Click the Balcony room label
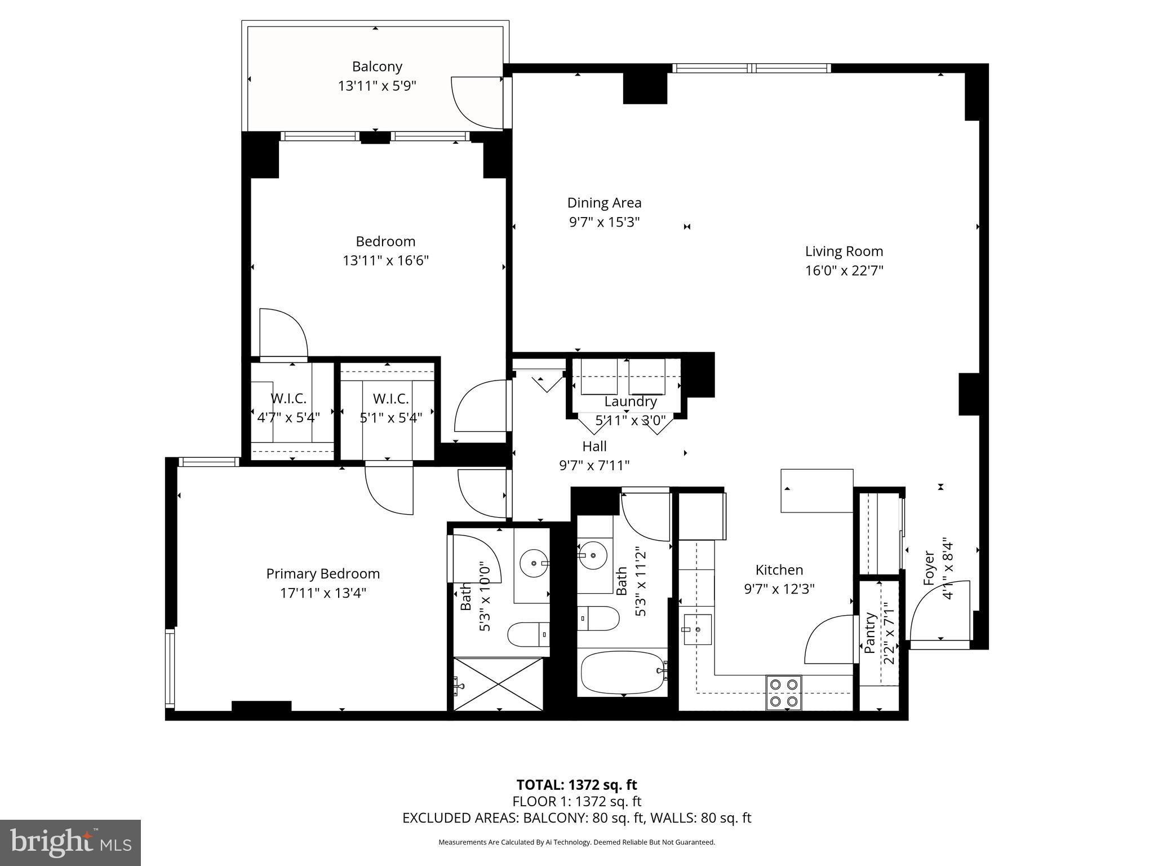click(377, 67)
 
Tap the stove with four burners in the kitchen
click(784, 693)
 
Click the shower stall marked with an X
click(499, 684)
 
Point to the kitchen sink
click(697, 629)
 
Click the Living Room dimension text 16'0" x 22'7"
click(844, 271)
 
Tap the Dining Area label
click(604, 203)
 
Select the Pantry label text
click(871, 633)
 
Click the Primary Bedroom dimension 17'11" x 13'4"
click(323, 593)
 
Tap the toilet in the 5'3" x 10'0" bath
click(529, 634)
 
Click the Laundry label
click(631, 401)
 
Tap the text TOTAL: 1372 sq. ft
click(576, 785)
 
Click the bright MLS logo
click(70, 842)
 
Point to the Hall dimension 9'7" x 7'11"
click(594, 466)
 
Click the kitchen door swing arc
click(828, 640)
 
